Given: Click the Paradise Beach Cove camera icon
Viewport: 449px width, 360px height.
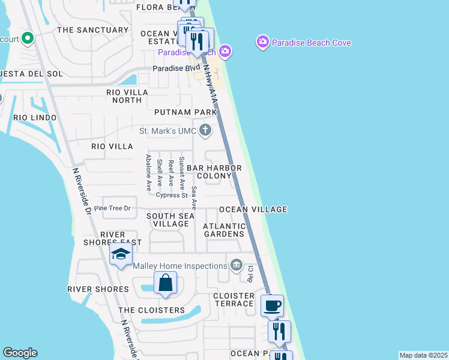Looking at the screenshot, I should click(x=262, y=43).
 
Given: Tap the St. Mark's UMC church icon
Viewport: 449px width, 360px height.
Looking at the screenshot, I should click(x=205, y=130).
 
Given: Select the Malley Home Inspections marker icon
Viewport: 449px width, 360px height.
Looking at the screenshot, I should click(x=236, y=265).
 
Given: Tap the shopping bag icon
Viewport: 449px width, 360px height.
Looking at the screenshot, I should click(x=165, y=283).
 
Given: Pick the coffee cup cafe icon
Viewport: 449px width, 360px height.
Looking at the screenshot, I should click(x=272, y=305).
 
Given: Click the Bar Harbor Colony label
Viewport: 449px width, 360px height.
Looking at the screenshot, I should click(x=214, y=172).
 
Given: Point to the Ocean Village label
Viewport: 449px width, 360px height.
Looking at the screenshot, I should click(x=253, y=209).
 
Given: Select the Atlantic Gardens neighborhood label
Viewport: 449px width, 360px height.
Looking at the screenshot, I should click(x=224, y=230).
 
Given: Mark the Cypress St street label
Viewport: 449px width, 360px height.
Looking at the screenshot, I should click(x=172, y=195).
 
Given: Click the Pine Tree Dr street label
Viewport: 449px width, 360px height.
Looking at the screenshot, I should click(x=112, y=208).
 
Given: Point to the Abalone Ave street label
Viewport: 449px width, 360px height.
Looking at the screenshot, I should click(x=148, y=172).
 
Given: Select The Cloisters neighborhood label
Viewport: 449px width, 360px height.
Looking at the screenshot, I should click(x=151, y=310).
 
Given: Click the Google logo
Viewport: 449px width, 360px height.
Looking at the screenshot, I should click(x=20, y=353).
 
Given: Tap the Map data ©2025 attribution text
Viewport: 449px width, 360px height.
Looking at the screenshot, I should click(x=423, y=355).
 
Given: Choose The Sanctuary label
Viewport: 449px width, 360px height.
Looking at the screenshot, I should click(x=92, y=30).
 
